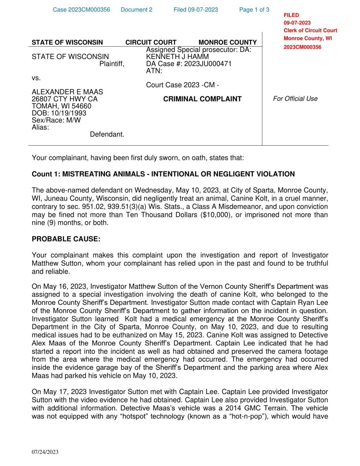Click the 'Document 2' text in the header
[136, 10]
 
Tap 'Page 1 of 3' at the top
[254, 10]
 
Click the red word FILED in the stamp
[291, 15]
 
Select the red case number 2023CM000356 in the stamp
[302, 47]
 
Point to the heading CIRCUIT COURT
[151, 42]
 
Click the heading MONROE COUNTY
[227, 42]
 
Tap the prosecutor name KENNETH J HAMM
[177, 57]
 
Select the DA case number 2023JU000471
[208, 64]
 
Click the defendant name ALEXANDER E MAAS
[67, 92]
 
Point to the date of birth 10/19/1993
[69, 113]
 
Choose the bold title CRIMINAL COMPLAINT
[202, 99]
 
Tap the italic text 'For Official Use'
[295, 99]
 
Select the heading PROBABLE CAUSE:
[66, 239]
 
